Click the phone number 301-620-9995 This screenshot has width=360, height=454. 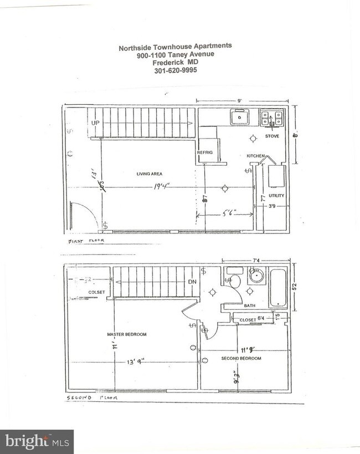point(175,70)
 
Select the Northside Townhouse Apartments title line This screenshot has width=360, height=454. point(175,47)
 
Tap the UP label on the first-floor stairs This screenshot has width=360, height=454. point(96,123)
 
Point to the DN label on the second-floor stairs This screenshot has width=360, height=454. point(192,282)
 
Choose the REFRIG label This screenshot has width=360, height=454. point(205,152)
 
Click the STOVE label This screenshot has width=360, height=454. point(272,136)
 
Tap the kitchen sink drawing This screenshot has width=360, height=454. point(240,118)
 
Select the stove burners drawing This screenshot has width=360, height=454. point(272,118)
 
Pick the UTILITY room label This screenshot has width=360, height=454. point(276,196)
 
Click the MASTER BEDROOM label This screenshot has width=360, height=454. point(127,334)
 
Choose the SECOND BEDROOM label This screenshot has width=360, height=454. point(241,359)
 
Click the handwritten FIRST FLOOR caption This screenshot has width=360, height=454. point(86,241)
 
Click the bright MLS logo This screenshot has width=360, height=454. point(37,441)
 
